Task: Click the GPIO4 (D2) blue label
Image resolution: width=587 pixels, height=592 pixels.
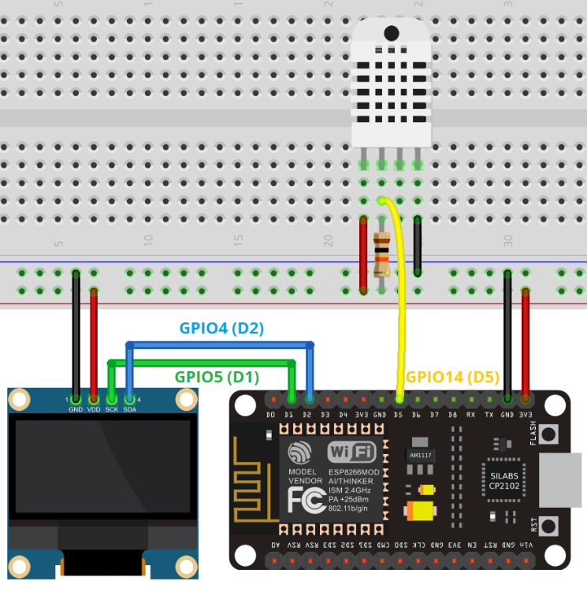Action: point(221,329)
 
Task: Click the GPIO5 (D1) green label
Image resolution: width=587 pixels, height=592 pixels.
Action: point(216,377)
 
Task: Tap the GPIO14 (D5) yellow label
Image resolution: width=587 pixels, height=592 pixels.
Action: point(452,377)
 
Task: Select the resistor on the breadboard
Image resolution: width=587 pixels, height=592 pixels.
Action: point(382,255)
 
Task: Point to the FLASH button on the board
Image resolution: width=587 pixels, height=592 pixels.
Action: point(548,434)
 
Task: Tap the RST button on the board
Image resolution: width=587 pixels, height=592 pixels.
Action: point(548,525)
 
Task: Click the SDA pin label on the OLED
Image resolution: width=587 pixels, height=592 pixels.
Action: point(130,409)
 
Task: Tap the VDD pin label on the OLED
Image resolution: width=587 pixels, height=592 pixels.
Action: point(94,409)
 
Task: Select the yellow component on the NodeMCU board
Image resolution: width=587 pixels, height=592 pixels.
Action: point(420,511)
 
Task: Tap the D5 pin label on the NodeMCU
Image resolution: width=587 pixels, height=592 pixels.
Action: point(399,414)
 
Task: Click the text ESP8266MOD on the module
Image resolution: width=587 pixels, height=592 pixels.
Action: point(354,471)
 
